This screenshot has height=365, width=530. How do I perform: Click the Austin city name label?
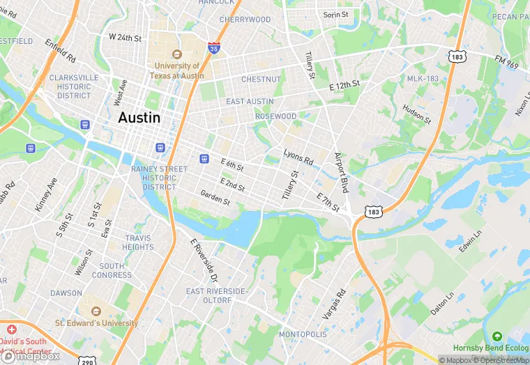coord(139,118)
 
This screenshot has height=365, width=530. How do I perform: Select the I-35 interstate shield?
coord(214,48)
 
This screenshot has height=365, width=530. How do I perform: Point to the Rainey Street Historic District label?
coord(159,178)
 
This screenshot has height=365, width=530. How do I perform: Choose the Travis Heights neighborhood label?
coord(137,242)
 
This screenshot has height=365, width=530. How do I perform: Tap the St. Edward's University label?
coord(97,323)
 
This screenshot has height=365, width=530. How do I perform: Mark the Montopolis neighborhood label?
coord(303,335)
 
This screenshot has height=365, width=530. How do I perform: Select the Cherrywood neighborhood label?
coord(245,20)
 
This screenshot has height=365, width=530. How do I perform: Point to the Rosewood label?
coord(275,116)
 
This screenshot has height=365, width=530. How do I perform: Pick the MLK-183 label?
coord(423,79)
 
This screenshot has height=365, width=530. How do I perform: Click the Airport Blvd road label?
coord(342,173)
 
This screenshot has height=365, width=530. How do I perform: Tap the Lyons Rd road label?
coord(298,157)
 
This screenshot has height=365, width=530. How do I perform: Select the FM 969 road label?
coord(507,63)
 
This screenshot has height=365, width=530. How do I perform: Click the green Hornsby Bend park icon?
coord(497,336)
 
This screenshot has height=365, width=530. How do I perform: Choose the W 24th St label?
coord(126,37)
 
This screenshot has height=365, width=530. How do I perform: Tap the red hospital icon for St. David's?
coord(10,328)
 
